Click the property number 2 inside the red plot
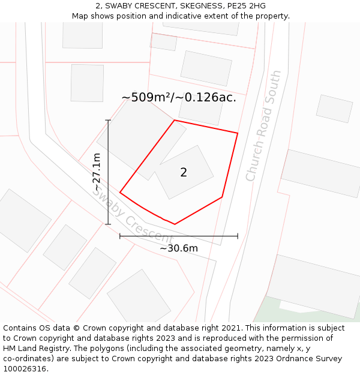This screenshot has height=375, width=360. pos(184,173)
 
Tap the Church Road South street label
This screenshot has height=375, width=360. pos(263,126)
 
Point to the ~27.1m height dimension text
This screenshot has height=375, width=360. pos(97,172)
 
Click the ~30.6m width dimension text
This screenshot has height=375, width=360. pos(179,248)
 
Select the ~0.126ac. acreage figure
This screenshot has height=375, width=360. pos(207,97)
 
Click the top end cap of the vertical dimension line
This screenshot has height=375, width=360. pos(108,121)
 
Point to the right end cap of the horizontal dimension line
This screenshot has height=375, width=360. pos(238,236)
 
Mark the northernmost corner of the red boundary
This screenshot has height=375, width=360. pos(175,121)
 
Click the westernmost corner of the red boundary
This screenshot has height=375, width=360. pos(120,193)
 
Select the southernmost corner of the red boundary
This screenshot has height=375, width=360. pos(175,224)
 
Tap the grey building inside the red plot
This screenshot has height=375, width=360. pos(184,172)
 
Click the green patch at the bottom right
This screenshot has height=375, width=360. pos(264,312)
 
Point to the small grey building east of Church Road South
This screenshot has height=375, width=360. pos(334,108)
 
